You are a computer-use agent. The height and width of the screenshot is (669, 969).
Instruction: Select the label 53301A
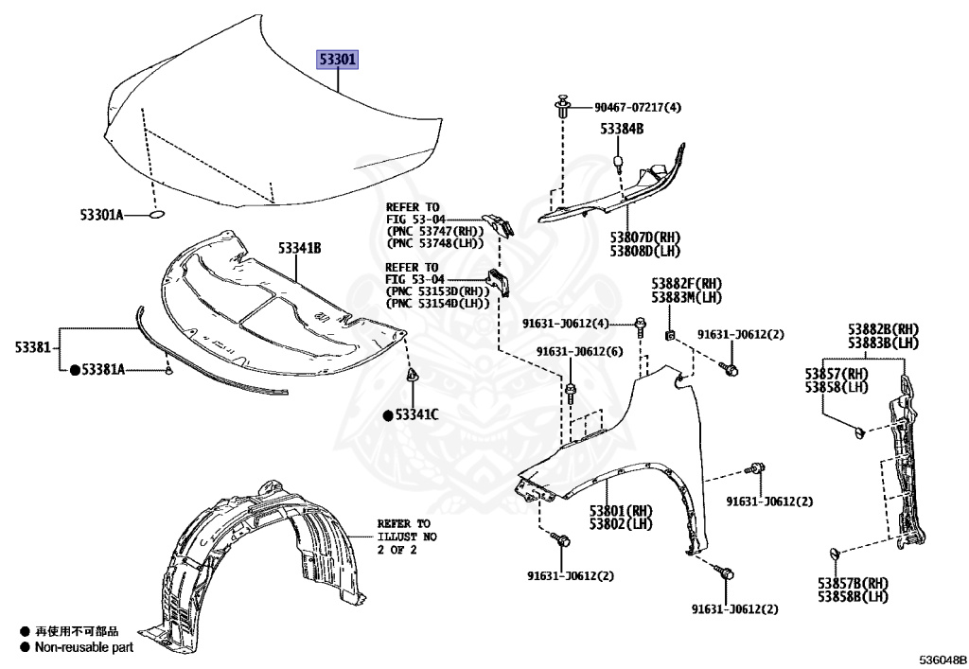tap(101, 216)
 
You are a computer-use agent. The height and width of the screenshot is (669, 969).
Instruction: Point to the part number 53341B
tap(300, 248)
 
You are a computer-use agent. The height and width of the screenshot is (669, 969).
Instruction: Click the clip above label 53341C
tap(414, 376)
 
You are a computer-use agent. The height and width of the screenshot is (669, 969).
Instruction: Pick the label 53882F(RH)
tap(686, 284)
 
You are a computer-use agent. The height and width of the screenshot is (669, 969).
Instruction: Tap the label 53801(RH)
tap(623, 511)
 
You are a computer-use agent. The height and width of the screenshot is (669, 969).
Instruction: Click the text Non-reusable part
tap(84, 648)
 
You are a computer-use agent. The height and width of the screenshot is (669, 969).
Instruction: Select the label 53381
tap(31, 347)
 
